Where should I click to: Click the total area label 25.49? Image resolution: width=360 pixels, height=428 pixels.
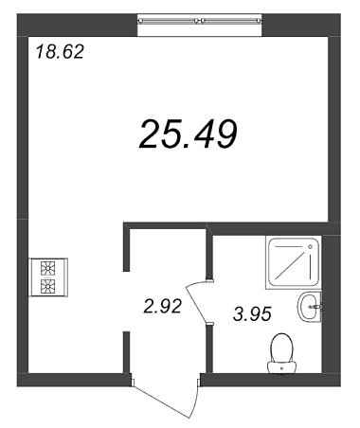tap(188, 134)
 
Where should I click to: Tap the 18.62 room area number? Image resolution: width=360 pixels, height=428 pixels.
tap(60, 52)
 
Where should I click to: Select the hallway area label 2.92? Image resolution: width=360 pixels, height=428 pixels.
tap(163, 306)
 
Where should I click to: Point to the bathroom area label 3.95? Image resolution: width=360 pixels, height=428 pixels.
tap(252, 314)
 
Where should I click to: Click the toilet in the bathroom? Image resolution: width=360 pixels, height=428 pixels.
tap(281, 353)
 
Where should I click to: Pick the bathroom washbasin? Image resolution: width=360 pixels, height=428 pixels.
tap(309, 306)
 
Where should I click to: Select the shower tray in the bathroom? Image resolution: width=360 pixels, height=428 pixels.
tap(294, 261)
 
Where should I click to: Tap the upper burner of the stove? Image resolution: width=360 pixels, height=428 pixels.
tap(47, 268)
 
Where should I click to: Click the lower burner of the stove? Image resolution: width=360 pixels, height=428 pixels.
tap(47, 286)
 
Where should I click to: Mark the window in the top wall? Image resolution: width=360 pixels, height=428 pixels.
tap(200, 25)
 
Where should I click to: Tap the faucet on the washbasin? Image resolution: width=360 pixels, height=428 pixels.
tap(316, 306)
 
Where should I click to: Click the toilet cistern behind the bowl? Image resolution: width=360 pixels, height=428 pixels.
tap(281, 367)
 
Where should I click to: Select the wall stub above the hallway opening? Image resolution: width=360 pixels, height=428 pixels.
tap(127, 247)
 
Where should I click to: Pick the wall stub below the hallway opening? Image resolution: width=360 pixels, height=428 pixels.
tap(127, 352)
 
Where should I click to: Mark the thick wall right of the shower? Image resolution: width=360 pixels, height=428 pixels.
tap(331, 304)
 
